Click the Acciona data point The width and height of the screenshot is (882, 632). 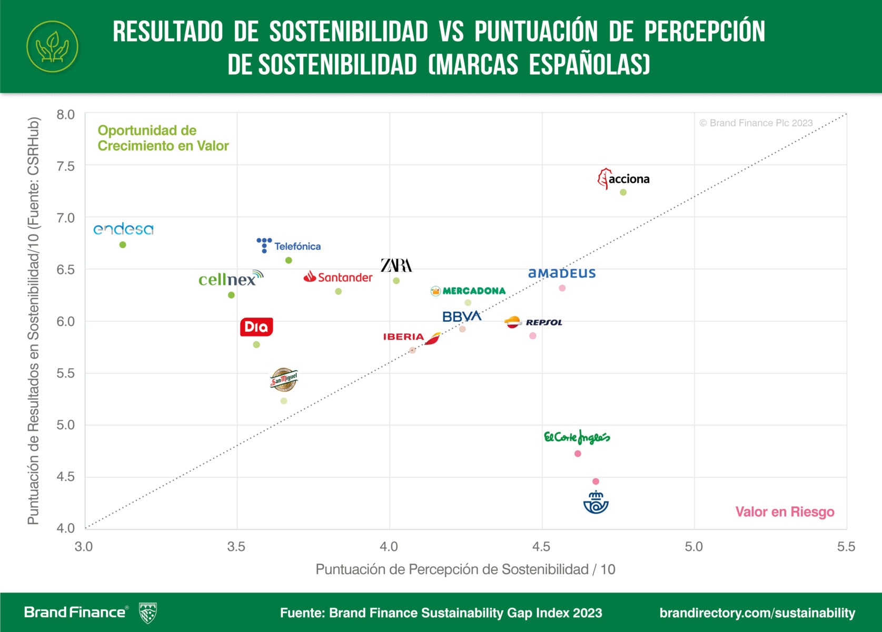pos(623,192)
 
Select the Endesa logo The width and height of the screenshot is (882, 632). pos(123,229)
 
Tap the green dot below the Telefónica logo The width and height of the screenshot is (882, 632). pos(289,260)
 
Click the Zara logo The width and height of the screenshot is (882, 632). pos(397,265)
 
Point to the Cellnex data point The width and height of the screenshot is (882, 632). pos(231,295)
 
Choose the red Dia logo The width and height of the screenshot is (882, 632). pos(256,327)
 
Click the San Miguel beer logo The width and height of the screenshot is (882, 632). pos(284,380)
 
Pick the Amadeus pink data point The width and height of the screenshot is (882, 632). pos(562,288)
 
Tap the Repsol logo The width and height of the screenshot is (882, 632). pos(533,322)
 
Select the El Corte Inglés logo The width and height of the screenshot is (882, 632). pos(577,437)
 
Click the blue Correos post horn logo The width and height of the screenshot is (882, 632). pos(596,502)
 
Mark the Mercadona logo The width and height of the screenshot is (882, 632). pos(468,291)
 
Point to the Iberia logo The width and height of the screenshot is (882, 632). pos(411,337)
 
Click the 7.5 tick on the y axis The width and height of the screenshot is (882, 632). pos(66,166)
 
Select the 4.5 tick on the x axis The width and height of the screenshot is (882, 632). pos(541,547)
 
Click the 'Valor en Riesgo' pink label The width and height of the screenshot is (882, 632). pos(785,512)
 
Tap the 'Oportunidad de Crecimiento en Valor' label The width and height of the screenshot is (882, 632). pos(163,138)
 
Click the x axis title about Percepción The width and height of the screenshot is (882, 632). pos(465,569)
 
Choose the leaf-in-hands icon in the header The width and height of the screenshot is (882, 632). pos(52,46)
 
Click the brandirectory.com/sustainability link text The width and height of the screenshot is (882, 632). pos(757,613)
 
